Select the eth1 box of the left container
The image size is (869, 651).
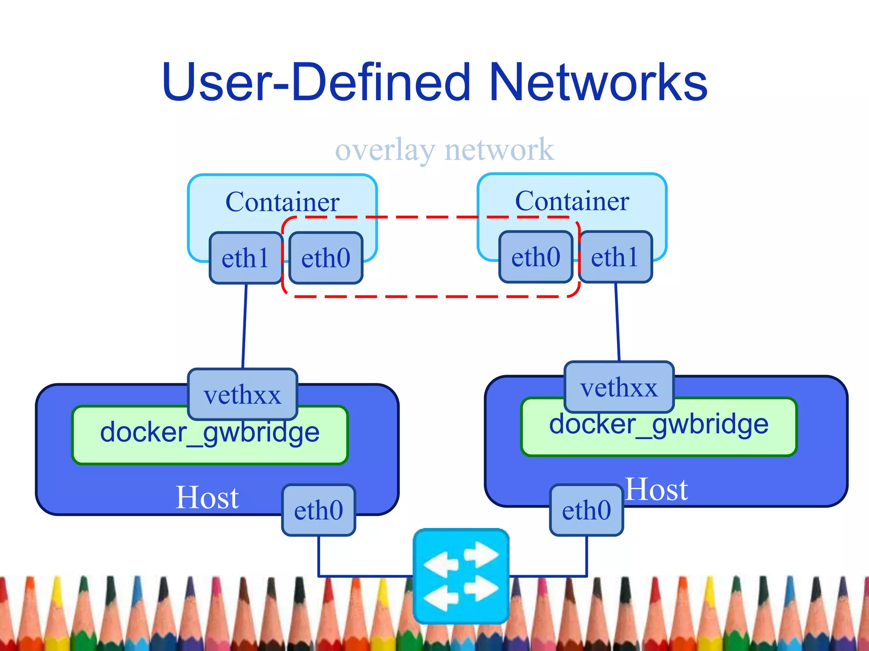tap(246, 258)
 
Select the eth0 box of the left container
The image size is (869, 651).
tap(325, 258)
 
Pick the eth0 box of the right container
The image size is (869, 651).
tap(535, 257)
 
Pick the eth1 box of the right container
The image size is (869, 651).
tap(615, 257)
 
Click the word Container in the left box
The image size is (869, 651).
tap(282, 202)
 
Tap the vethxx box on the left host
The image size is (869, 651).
tap(242, 394)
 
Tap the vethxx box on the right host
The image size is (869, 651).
tap(619, 387)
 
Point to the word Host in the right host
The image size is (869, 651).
tap(656, 490)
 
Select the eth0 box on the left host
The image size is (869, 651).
tap(318, 510)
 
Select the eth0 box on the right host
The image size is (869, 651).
tap(586, 510)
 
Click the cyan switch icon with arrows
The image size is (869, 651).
tap(461, 576)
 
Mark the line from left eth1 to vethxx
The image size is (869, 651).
tap(244, 326)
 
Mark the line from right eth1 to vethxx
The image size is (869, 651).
tap(617, 322)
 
